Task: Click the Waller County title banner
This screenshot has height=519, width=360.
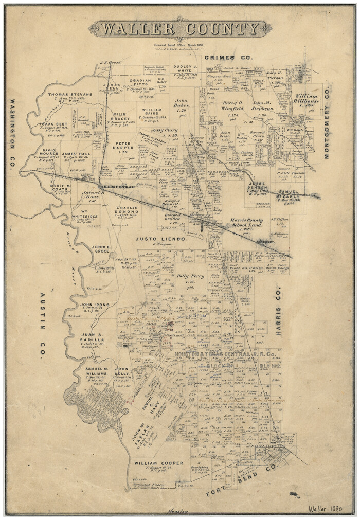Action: (x=180, y=29)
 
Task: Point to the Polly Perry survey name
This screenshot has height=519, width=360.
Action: (x=190, y=276)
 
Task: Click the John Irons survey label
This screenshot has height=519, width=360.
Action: (x=95, y=305)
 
